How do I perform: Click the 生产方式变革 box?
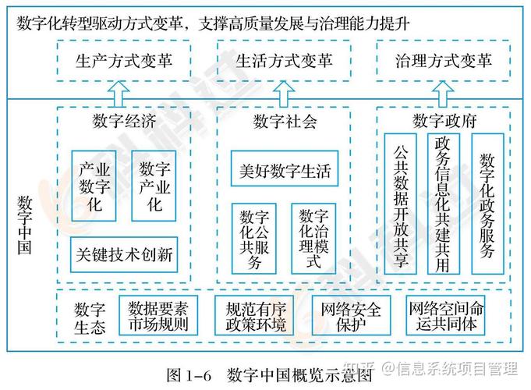click(125, 61)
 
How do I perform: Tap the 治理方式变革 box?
click(443, 61)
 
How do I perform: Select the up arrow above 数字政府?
click(443, 95)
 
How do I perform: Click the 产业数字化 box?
click(94, 186)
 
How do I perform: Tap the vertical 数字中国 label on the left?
click(24, 225)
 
